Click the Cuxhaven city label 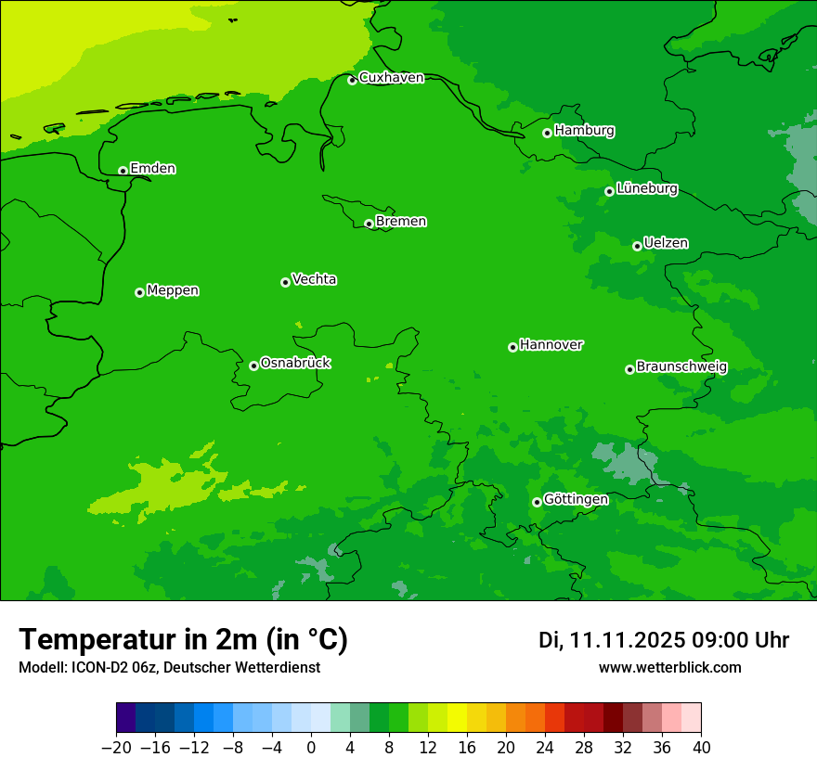pyautogui.click(x=391, y=78)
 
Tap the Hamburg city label pyautogui.click(x=584, y=131)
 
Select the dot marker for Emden pyautogui.click(x=123, y=171)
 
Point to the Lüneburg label pyautogui.click(x=646, y=189)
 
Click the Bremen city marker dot pyautogui.click(x=369, y=224)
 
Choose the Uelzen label pyautogui.click(x=666, y=244)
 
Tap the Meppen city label pyautogui.click(x=173, y=291)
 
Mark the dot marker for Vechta pyautogui.click(x=285, y=282)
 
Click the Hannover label pyautogui.click(x=551, y=345)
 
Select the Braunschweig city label pyautogui.click(x=681, y=367)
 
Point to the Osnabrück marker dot pyautogui.click(x=253, y=366)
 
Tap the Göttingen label pyautogui.click(x=576, y=500)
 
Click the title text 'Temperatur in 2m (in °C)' pyautogui.click(x=183, y=639)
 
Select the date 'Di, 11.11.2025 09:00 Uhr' pyautogui.click(x=664, y=640)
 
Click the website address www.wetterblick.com pyautogui.click(x=669, y=668)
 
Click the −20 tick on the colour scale pyautogui.click(x=116, y=748)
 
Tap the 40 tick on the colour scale pyautogui.click(x=701, y=748)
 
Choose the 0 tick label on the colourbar pyautogui.click(x=311, y=748)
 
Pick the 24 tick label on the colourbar pyautogui.click(x=545, y=748)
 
